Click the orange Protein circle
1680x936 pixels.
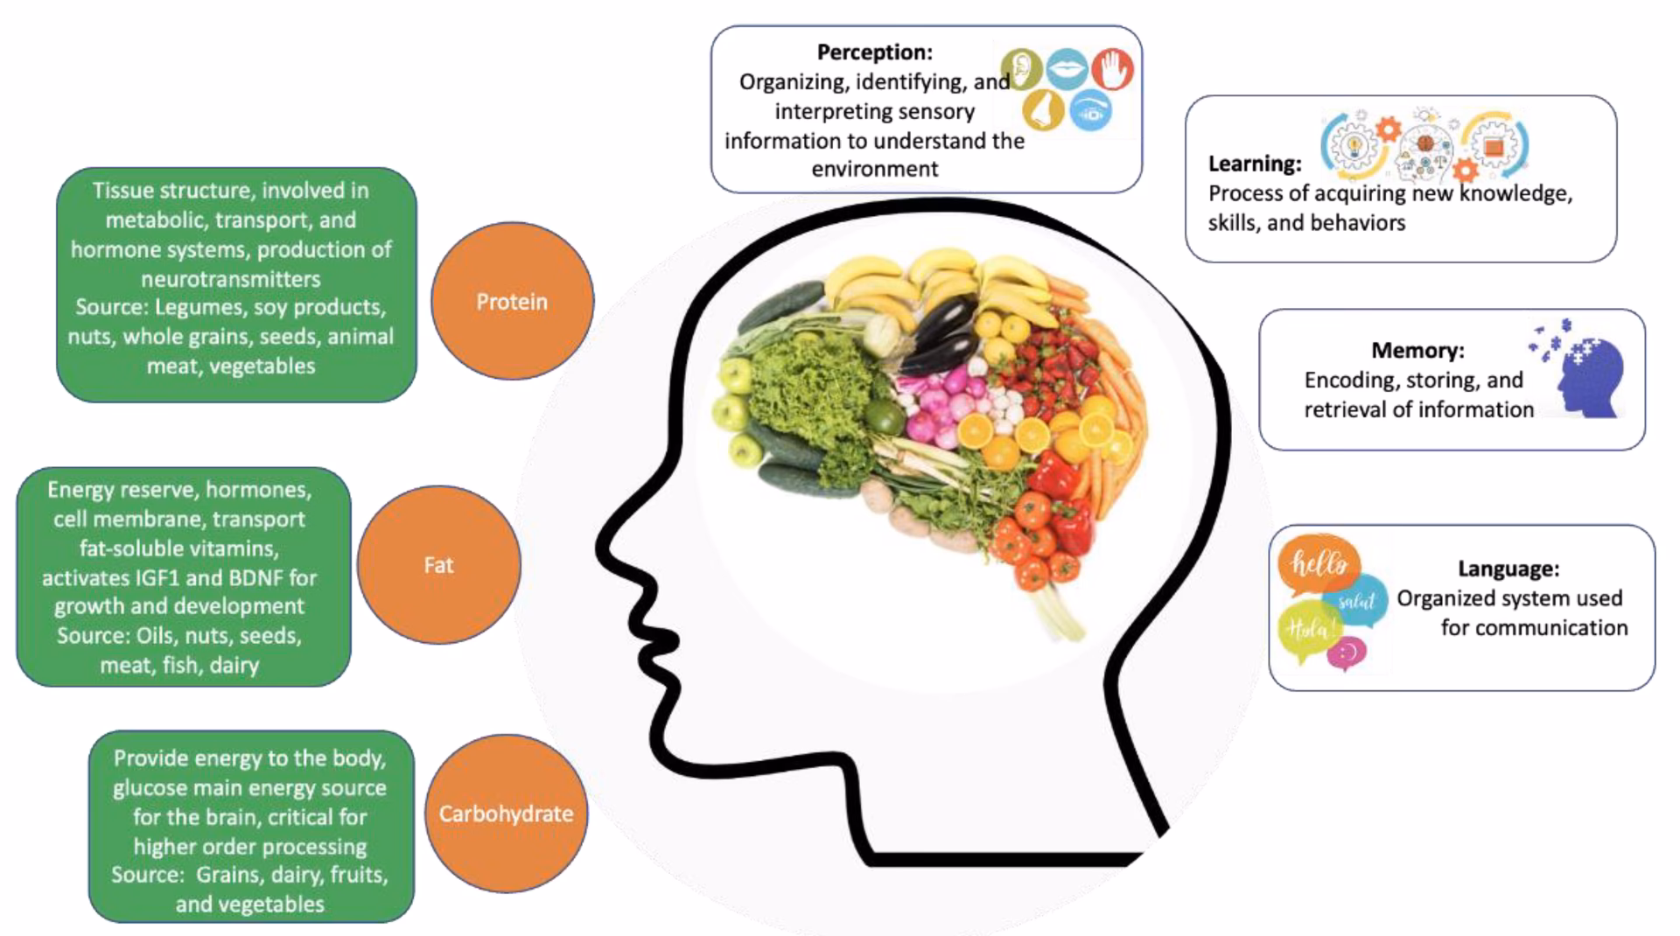(x=512, y=301)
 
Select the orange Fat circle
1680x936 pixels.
(x=438, y=565)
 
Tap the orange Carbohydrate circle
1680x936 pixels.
(x=506, y=814)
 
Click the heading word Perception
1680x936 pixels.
(x=874, y=52)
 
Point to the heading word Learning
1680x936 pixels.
(x=1255, y=164)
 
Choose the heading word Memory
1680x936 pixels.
(x=1417, y=350)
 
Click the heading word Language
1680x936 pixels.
(x=1508, y=569)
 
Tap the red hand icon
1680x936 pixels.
(x=1112, y=69)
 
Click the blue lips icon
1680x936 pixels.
(x=1067, y=69)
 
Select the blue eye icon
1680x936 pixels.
(x=1090, y=111)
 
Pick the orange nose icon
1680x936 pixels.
(x=1043, y=110)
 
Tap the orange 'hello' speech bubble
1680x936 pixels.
(x=1319, y=564)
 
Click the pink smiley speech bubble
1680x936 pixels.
(x=1347, y=653)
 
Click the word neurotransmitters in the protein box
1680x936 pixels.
(x=231, y=279)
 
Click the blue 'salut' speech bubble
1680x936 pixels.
(x=1357, y=600)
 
